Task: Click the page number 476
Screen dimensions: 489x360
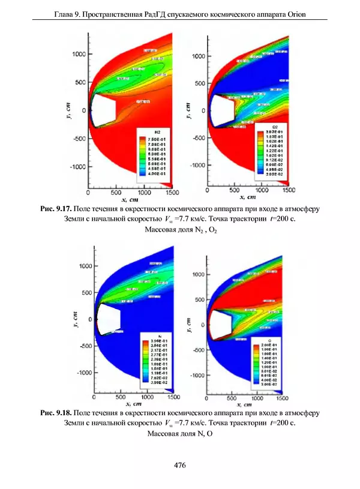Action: click(x=179, y=465)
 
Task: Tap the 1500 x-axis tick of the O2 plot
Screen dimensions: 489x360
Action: click(x=289, y=190)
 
